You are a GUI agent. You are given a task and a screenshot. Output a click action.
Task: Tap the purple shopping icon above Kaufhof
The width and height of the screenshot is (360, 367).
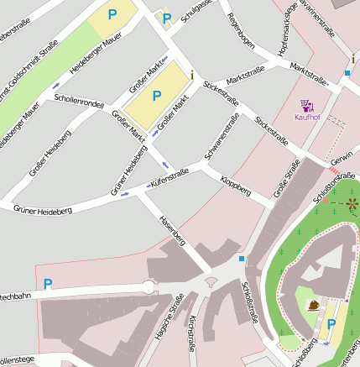[x=307, y=106]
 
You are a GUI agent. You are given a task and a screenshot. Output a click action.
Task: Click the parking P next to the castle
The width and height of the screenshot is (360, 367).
[x=330, y=324]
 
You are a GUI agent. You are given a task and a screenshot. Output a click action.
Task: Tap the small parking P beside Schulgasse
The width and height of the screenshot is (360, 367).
[x=166, y=18]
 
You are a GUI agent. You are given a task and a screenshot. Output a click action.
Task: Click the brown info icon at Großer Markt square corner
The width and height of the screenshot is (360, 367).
[x=192, y=75]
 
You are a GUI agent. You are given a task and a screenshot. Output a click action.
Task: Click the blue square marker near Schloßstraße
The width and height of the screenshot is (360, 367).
[x=242, y=258]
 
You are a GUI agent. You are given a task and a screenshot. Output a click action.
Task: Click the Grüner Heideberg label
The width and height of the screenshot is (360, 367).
[x=41, y=207]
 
